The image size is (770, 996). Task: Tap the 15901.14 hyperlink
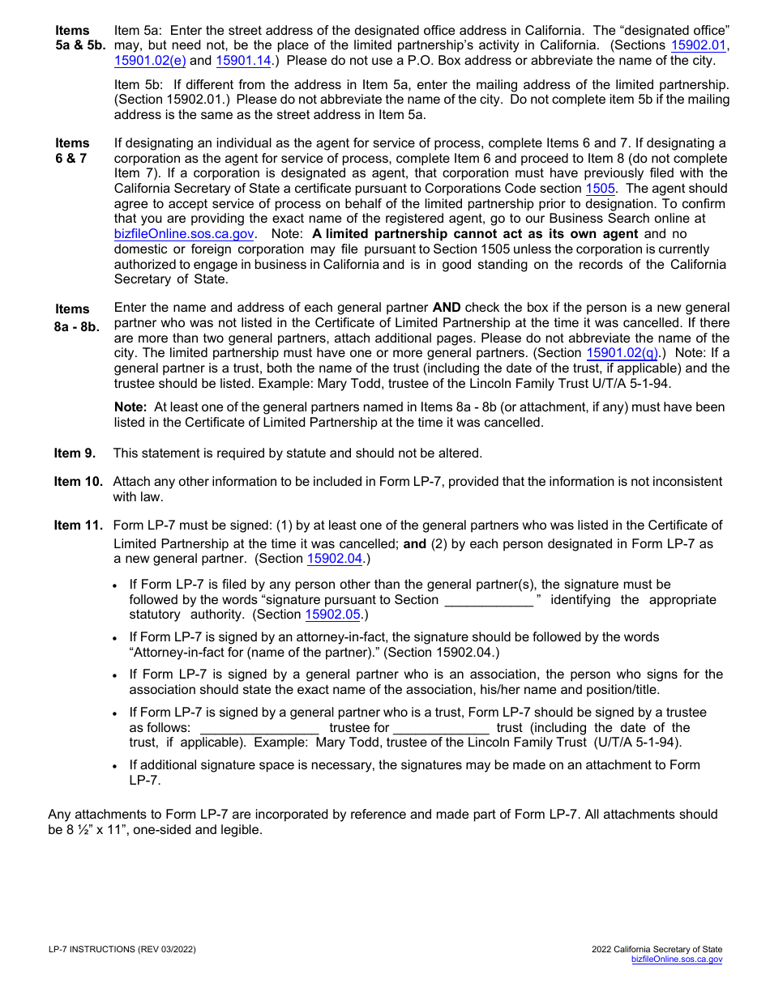[243, 60]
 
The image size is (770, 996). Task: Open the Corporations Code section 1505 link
[600, 188]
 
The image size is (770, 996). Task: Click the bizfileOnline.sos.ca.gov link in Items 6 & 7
[184, 234]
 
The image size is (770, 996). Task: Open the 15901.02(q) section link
[622, 353]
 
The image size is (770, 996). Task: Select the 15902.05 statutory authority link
[332, 615]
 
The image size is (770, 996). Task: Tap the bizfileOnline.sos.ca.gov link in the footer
[677, 960]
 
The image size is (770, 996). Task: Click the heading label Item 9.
[75, 453]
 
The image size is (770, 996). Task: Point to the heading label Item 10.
[78, 482]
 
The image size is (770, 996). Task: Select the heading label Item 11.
[78, 526]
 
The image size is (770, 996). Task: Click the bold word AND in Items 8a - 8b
[447, 308]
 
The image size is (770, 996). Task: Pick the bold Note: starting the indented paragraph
[130, 407]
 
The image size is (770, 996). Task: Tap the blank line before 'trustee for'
[259, 728]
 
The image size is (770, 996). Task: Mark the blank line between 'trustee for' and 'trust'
[441, 728]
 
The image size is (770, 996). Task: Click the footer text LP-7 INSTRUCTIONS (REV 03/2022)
[122, 950]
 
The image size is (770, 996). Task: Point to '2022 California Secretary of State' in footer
[657, 950]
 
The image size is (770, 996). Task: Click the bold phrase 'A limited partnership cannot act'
[418, 234]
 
